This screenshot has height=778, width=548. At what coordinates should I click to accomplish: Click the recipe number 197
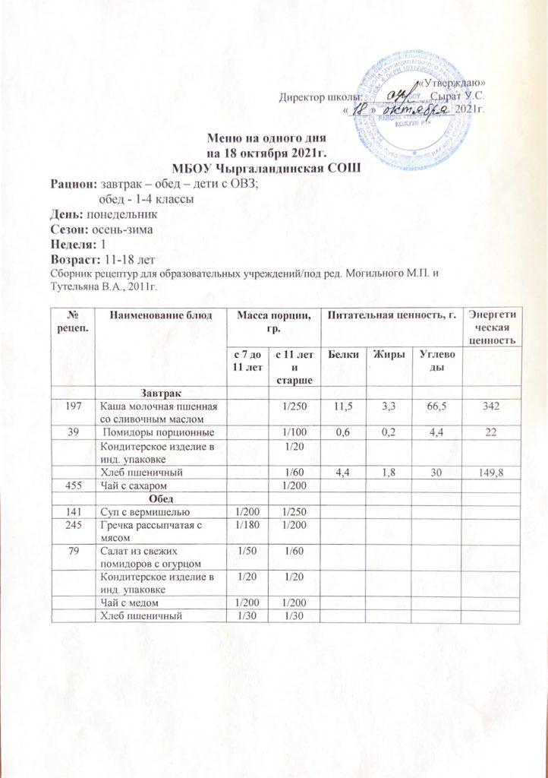coord(71,407)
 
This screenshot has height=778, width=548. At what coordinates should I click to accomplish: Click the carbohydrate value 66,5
coord(437,407)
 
